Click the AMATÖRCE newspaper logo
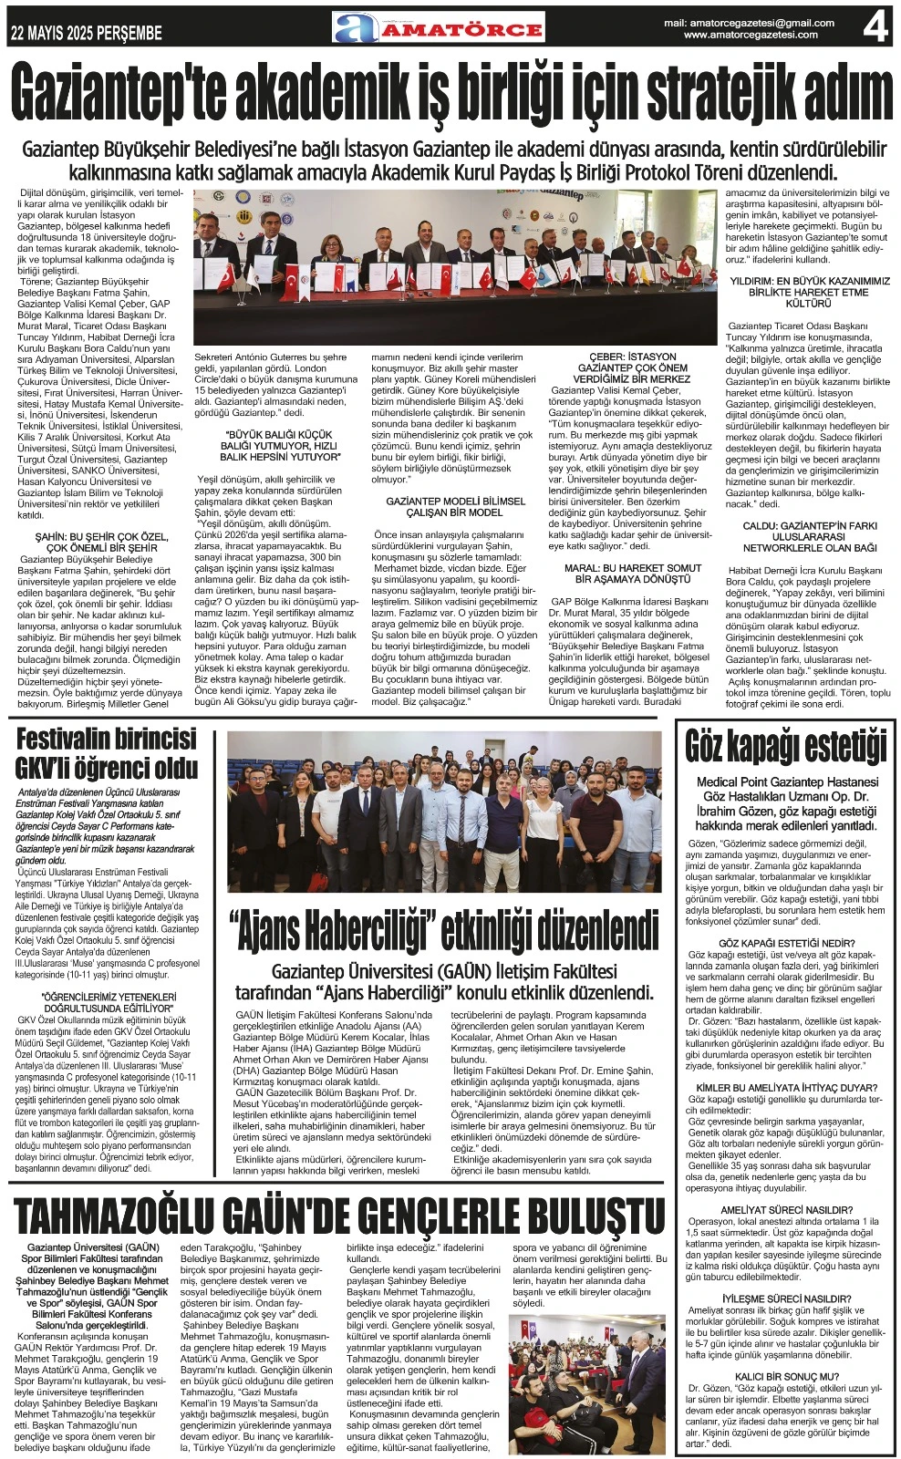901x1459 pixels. click(439, 28)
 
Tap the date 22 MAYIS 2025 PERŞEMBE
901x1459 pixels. click(87, 34)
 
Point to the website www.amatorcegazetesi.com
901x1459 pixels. click(751, 35)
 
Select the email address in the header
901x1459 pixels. click(749, 23)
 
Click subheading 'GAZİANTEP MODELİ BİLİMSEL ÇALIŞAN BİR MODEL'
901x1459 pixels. click(456, 507)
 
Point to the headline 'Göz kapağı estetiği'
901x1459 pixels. click(786, 746)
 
